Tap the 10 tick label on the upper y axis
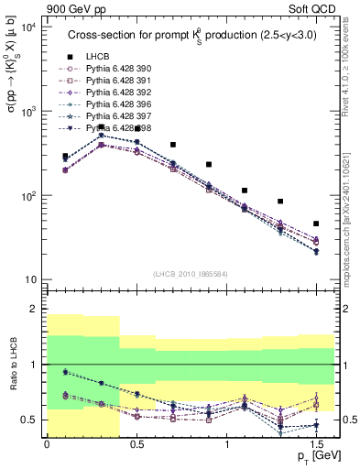coord(30,279)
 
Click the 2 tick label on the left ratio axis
coord(33,309)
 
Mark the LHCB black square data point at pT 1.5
coord(316,224)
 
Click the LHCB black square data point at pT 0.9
coord(209,165)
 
